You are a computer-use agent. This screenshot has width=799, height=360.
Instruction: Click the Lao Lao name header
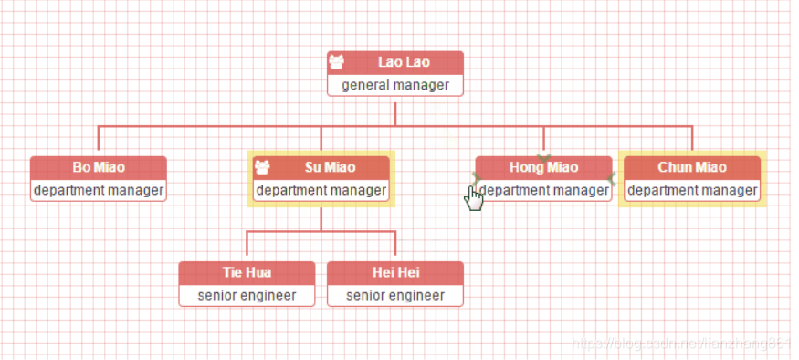pyautogui.click(x=404, y=62)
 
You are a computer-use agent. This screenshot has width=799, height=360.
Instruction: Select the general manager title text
pyautogui.click(x=395, y=85)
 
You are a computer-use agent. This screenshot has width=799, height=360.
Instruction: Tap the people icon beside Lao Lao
pyautogui.click(x=337, y=62)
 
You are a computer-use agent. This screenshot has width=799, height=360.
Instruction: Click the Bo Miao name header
pyautogui.click(x=99, y=167)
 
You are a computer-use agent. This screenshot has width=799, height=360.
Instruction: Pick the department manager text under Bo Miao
pyautogui.click(x=99, y=190)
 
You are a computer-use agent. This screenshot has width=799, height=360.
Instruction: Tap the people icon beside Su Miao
pyautogui.click(x=263, y=167)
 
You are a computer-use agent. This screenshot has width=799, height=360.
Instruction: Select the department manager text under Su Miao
pyautogui.click(x=321, y=190)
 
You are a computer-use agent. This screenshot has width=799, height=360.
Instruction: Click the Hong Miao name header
pyautogui.click(x=543, y=167)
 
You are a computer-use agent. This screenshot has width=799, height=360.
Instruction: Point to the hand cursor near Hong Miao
pyautogui.click(x=473, y=196)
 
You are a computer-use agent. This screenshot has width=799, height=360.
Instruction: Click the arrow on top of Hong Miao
pyautogui.click(x=544, y=157)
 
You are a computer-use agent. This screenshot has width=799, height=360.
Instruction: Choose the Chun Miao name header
pyautogui.click(x=692, y=167)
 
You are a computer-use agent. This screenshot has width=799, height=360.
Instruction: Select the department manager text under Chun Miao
pyautogui.click(x=692, y=190)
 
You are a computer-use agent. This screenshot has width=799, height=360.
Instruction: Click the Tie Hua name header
pyautogui.click(x=247, y=272)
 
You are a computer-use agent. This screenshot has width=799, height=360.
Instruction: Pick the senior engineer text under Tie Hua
pyautogui.click(x=247, y=295)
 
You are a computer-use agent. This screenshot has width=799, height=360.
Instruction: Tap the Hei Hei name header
pyautogui.click(x=395, y=272)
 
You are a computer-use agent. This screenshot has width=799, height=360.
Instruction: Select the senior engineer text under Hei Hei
pyautogui.click(x=395, y=295)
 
